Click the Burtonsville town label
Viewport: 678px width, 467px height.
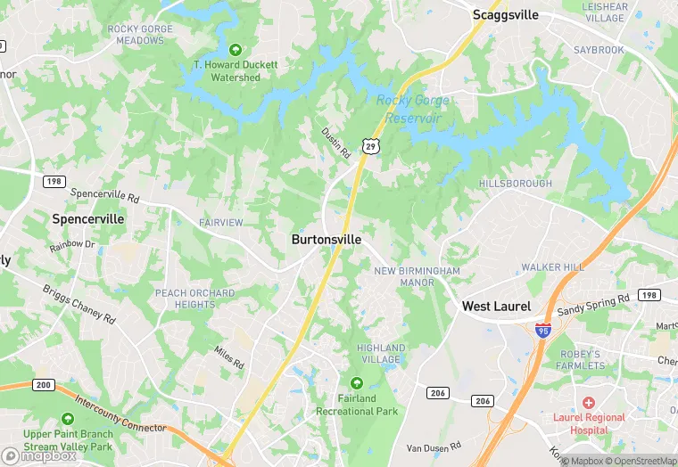click(x=327, y=240)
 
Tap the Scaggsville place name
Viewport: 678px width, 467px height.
click(x=507, y=14)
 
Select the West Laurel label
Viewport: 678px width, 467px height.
click(x=496, y=306)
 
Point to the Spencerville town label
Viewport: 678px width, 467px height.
click(x=88, y=218)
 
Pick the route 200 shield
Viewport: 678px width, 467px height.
click(x=42, y=385)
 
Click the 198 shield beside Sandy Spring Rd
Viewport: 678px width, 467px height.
click(x=649, y=295)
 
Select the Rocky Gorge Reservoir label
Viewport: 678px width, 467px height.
click(x=411, y=109)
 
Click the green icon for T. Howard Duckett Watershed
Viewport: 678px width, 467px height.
click(x=236, y=49)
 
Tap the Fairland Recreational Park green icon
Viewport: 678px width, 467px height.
click(x=357, y=382)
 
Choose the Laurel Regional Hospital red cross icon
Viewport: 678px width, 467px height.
click(x=589, y=403)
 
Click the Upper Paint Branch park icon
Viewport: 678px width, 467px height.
click(x=68, y=419)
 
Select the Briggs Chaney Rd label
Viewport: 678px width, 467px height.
click(x=79, y=305)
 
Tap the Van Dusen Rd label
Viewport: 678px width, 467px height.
click(x=434, y=447)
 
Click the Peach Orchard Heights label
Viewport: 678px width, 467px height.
click(x=195, y=299)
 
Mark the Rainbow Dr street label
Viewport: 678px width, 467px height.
click(x=72, y=244)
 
